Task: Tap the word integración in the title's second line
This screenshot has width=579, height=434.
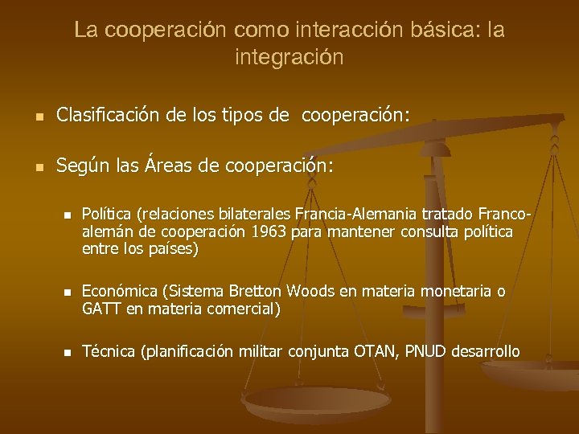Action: click(289, 58)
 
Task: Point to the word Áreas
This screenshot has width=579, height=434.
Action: click(150, 166)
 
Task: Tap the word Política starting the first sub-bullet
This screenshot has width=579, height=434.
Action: click(108, 215)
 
